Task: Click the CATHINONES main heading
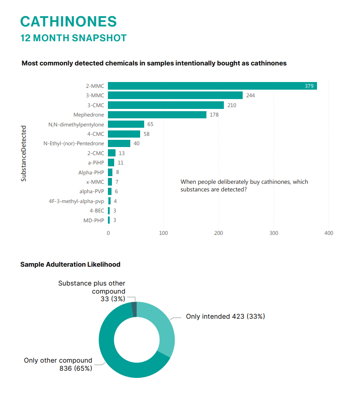point(69,22)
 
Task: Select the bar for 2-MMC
point(212,86)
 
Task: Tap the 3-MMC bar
point(175,95)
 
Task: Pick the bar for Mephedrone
point(157,115)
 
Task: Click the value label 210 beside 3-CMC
point(231,105)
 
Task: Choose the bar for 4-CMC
point(124,134)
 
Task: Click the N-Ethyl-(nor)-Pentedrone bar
point(119,143)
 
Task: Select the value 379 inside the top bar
point(309,86)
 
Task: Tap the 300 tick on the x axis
point(274,233)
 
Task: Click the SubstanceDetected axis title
point(24,153)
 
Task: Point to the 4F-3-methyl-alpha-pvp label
point(77,201)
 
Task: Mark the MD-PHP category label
point(94,220)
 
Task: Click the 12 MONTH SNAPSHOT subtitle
point(74,38)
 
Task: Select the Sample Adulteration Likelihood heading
point(70,264)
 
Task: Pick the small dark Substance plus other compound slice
point(134,309)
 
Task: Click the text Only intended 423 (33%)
point(225,316)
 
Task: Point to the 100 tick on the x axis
point(163,233)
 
